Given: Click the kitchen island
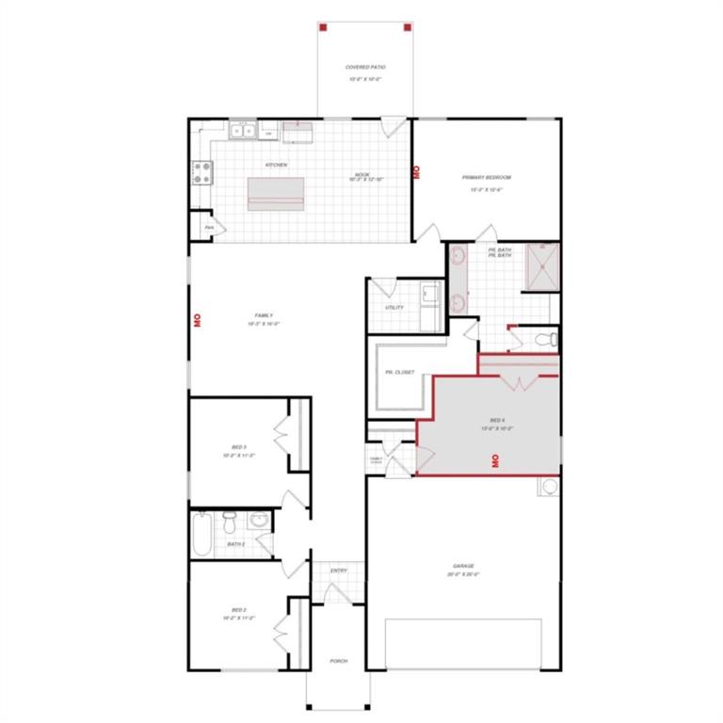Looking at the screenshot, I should coord(276,194).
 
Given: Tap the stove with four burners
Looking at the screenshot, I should coord(202,172).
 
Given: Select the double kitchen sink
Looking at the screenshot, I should coord(243,131).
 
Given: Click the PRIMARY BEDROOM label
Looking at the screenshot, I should coord(486,177).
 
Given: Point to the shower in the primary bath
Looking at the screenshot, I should coord(542,267).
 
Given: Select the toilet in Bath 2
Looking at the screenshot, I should coord(230,519).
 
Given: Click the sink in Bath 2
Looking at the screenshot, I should coord(260,522).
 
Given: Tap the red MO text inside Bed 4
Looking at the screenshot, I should coord(492,460).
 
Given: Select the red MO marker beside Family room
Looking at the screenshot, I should coord(198,319).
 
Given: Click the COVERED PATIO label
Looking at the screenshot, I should coord(366,68).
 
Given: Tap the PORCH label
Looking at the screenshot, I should coord(338,661).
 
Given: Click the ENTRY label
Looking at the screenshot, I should coord(339,570).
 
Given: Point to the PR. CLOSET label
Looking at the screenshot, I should coord(399,372).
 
